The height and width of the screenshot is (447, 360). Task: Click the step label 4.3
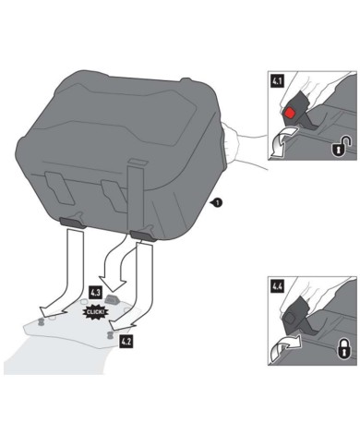(x=94, y=294)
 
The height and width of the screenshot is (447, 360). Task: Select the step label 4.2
(x=126, y=341)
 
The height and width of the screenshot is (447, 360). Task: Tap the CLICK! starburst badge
(x=94, y=312)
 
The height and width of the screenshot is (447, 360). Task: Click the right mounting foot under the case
(x=141, y=233)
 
